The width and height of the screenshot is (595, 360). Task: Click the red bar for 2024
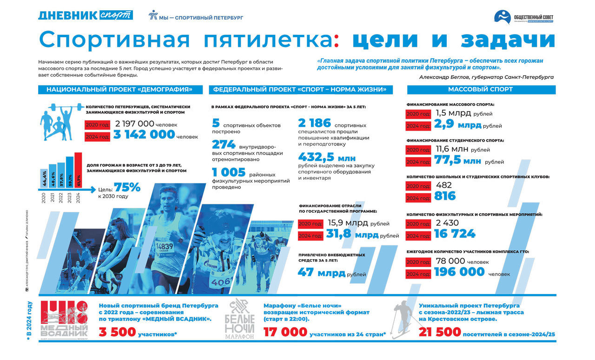pyautogui.click(x=78, y=170)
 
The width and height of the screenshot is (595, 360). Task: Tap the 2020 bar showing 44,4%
pyautogui.click(x=44, y=178)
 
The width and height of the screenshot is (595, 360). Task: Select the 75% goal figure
pyautogui.click(x=127, y=188)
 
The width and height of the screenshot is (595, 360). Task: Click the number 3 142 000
pyautogui.click(x=144, y=135)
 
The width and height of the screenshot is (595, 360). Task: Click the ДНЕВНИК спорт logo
pyautogui.click(x=86, y=15)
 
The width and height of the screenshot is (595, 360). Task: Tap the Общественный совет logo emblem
pyautogui.click(x=503, y=17)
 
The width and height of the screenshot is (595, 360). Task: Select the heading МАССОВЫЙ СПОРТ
pyautogui.click(x=480, y=89)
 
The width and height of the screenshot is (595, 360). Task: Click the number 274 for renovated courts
pyautogui.click(x=224, y=145)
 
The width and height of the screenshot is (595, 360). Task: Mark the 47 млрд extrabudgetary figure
pyautogui.click(x=321, y=273)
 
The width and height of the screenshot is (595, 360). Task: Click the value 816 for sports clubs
pyautogui.click(x=445, y=196)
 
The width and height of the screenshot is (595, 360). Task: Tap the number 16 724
pyautogui.click(x=455, y=234)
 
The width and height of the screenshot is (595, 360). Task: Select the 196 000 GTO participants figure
pyautogui.click(x=459, y=272)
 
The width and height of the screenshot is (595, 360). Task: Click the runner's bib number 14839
pyautogui.click(x=164, y=246)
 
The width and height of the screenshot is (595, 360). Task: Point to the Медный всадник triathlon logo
pyautogui.click(x=64, y=319)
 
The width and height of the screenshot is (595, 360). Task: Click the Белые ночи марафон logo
pyautogui.click(x=239, y=319)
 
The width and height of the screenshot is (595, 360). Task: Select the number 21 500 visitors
pyautogui.click(x=439, y=333)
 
